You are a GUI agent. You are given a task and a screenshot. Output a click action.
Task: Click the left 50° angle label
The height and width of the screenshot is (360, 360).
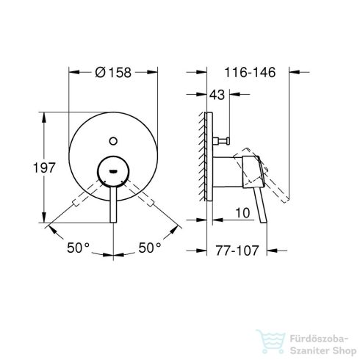[78, 249]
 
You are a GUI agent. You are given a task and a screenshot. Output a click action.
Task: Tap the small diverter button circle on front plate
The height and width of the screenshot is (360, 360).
[113, 138]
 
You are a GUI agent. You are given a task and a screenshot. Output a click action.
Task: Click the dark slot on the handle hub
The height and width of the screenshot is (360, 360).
[113, 168]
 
